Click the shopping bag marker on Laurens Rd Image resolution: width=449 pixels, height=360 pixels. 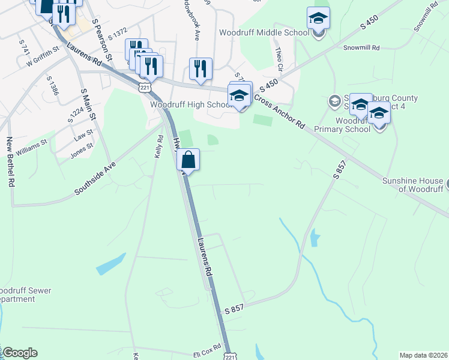(188, 160)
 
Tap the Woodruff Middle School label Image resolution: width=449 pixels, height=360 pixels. (264, 32)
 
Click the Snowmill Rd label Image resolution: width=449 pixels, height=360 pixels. (361, 47)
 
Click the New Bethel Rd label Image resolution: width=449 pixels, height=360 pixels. (10, 162)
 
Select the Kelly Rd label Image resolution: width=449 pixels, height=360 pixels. (160, 146)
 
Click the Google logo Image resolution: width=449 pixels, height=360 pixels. (20, 353)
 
